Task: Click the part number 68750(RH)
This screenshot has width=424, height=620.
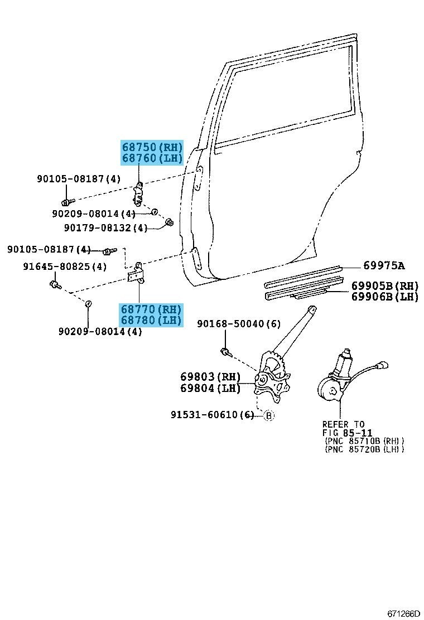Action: point(152,148)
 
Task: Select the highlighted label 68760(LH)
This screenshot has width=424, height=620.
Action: point(152,158)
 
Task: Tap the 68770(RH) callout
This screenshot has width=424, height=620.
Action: point(152,309)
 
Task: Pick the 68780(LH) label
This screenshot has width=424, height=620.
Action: point(152,320)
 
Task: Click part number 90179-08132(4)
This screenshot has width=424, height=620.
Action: point(105,227)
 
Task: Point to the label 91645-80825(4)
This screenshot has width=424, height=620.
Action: point(65,267)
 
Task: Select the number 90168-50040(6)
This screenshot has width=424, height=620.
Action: point(239,324)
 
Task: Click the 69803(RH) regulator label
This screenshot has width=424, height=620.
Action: point(210,377)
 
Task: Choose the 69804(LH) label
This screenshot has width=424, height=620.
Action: point(210,387)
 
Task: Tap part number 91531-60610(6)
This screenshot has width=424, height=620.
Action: point(213,415)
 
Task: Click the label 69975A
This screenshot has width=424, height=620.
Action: point(384,265)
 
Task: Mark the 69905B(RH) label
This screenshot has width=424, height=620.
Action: point(384,286)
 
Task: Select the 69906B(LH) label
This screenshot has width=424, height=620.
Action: point(384,297)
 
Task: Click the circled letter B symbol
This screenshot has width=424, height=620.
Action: point(268,415)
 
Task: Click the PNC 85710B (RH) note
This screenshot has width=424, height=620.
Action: point(364,440)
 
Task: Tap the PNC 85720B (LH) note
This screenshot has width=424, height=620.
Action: point(364,449)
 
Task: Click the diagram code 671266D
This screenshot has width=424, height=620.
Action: point(404,614)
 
